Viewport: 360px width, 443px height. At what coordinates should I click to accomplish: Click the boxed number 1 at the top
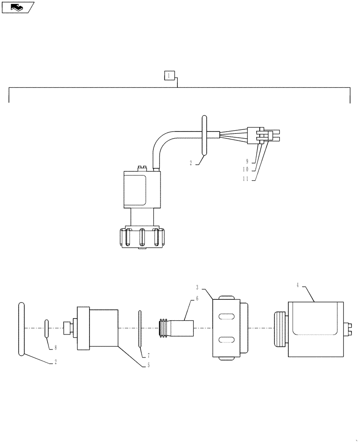[169, 76]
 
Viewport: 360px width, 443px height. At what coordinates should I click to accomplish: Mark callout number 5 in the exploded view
[149, 365]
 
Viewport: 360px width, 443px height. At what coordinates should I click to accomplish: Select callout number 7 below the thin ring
[149, 356]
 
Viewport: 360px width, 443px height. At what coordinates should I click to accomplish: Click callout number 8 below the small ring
[55, 348]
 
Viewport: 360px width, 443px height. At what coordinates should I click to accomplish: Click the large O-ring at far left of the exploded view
[21, 328]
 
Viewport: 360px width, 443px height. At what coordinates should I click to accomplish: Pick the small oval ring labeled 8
[46, 328]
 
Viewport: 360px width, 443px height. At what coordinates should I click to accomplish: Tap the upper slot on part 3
[227, 316]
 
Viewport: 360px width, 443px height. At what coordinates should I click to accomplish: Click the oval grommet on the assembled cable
[204, 135]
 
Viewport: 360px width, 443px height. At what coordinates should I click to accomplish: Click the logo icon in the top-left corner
[18, 8]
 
